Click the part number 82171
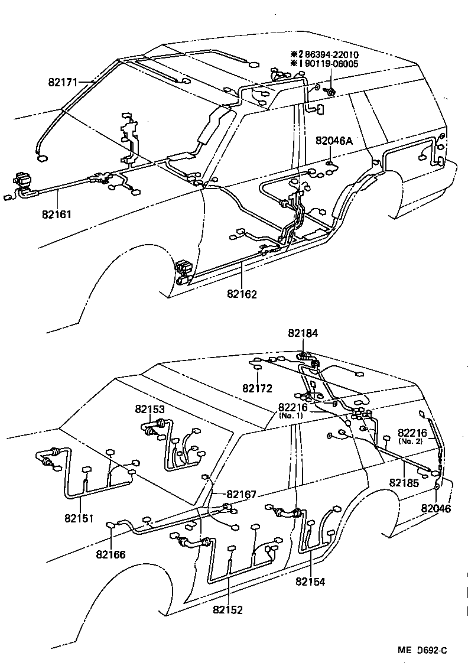(63, 83)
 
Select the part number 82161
(57, 214)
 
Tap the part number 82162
(242, 293)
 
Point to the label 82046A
(334, 141)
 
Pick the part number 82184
(303, 333)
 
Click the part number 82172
(257, 388)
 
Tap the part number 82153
(149, 408)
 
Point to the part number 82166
(111, 554)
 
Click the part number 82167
(241, 494)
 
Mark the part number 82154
(311, 582)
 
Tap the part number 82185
(404, 483)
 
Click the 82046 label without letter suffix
(435, 508)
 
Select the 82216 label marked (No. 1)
(291, 408)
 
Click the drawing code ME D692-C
(422, 650)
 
